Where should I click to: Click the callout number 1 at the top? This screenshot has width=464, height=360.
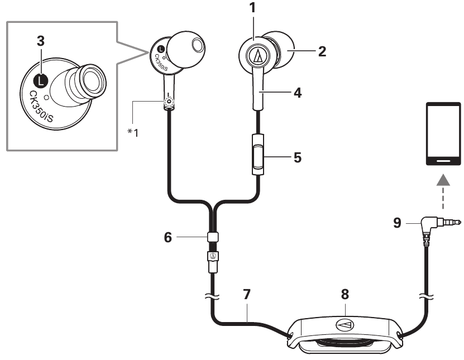click(252, 8)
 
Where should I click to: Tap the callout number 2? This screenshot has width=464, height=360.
click(322, 51)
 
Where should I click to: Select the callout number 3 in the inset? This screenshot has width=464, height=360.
click(41, 41)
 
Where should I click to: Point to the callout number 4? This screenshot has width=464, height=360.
click(298, 93)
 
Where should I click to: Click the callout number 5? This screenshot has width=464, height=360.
click(298, 157)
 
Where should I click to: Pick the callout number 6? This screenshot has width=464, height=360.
click(168, 237)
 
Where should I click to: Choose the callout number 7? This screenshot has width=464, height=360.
click(247, 294)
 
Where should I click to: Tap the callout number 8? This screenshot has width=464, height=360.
click(345, 294)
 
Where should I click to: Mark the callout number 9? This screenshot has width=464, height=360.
click(397, 223)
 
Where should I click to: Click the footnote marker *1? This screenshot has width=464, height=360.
click(133, 132)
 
